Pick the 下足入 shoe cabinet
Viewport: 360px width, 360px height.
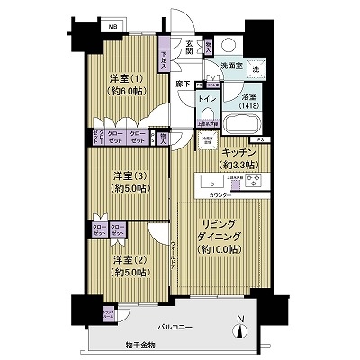[x=165, y=58]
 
